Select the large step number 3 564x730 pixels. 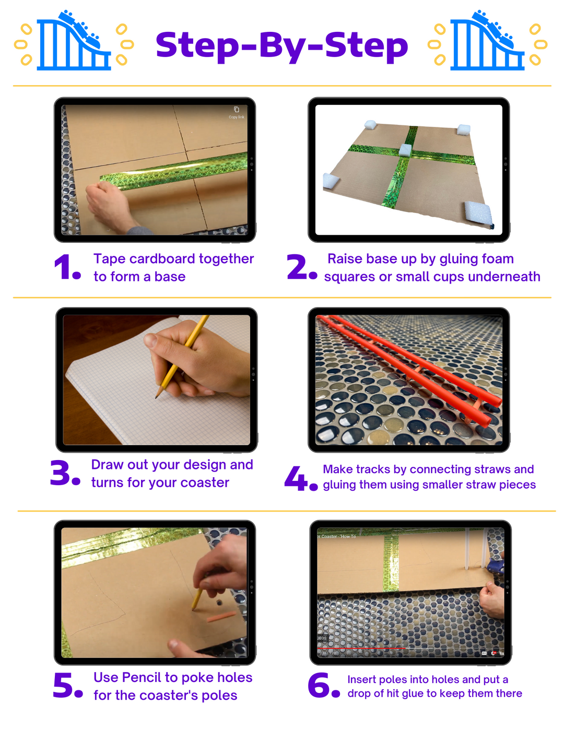click(x=62, y=473)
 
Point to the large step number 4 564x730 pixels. click(x=297, y=478)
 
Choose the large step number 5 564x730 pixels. click(x=65, y=686)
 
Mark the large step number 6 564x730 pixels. click(x=320, y=686)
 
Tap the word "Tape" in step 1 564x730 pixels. click(x=109, y=259)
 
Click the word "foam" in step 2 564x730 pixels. click(x=498, y=259)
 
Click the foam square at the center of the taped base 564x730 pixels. click(x=406, y=150)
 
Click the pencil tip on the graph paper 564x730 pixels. click(x=157, y=396)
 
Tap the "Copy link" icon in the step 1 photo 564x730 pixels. click(x=237, y=110)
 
